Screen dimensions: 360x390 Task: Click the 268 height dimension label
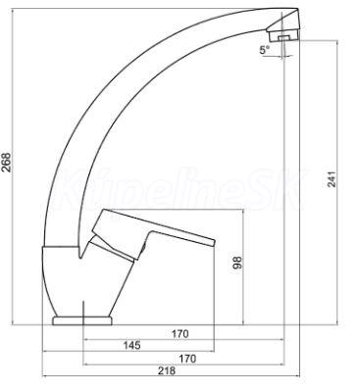pyautogui.click(x=7, y=162)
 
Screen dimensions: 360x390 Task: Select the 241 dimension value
pyautogui.click(x=332, y=179)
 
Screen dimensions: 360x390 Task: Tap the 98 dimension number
pyautogui.click(x=237, y=263)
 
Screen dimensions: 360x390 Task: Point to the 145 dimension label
pyautogui.click(x=131, y=345)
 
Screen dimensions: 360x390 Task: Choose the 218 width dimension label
pyautogui.click(x=167, y=370)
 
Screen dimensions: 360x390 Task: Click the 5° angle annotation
pyautogui.click(x=265, y=50)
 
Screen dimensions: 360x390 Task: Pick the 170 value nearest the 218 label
pyautogui.click(x=187, y=359)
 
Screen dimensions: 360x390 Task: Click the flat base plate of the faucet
pyautogui.click(x=82, y=320)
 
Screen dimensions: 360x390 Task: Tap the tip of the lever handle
pyautogui.click(x=214, y=242)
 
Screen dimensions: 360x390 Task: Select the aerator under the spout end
pyautogui.click(x=283, y=36)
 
